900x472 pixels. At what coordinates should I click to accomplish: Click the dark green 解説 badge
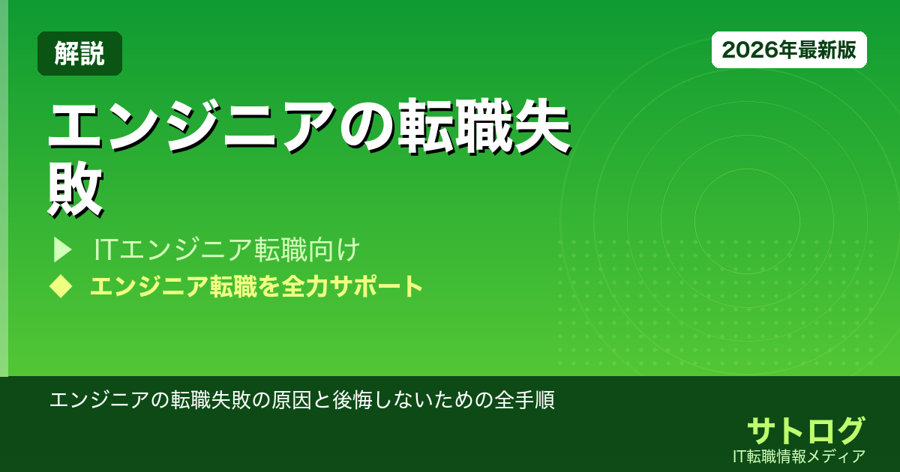pos(79,53)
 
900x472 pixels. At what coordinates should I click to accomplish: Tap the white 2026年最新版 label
pos(789,50)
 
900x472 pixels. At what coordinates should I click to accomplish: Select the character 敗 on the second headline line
pos(75,191)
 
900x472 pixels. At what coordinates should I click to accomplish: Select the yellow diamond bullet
pos(60,286)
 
